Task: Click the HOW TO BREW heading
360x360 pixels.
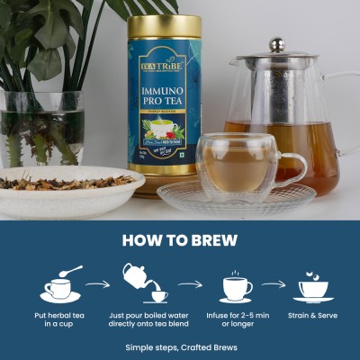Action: pyautogui.click(x=180, y=240)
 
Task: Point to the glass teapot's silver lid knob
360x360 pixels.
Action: pyautogui.click(x=276, y=44)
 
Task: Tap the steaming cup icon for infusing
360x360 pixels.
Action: pyautogui.click(x=236, y=285)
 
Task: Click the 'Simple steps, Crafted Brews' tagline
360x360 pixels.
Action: pyautogui.click(x=180, y=346)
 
